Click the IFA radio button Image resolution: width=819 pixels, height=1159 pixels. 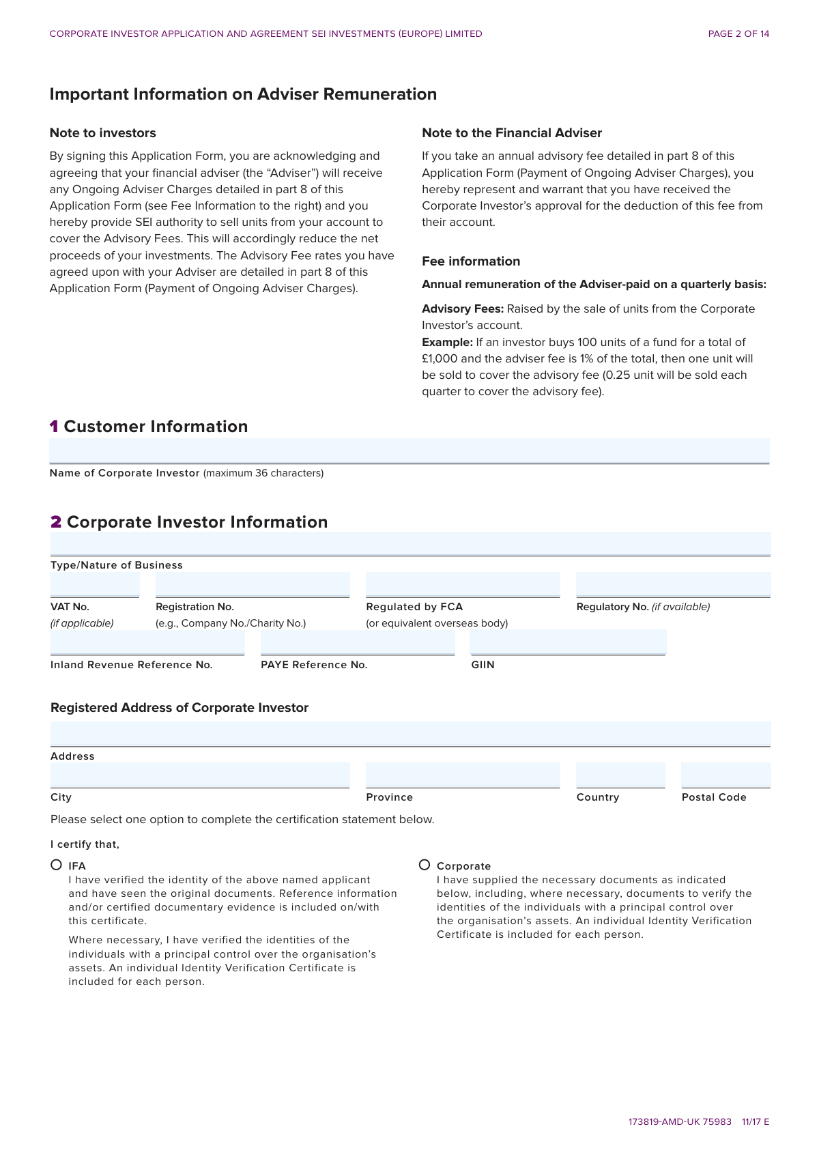tap(57, 865)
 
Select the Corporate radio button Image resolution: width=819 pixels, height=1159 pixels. tap(425, 865)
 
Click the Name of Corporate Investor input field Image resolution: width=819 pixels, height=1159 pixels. tap(409, 450)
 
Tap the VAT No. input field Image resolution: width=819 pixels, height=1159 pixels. tap(95, 585)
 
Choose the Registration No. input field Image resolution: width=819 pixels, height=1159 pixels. tap(253, 585)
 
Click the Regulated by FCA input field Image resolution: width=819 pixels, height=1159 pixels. tap(463, 585)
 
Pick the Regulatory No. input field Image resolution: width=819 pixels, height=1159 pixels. tap(673, 585)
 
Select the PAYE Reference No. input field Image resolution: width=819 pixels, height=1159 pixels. tap(358, 642)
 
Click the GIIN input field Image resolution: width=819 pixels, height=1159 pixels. tap(568, 642)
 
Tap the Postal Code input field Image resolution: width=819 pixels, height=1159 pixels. tap(725, 775)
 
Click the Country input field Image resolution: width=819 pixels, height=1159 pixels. tap(620, 775)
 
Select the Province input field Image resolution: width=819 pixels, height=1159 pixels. tap(463, 775)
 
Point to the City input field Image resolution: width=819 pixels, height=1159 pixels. tap(200, 775)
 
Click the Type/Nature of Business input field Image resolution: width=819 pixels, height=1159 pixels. tap(410, 544)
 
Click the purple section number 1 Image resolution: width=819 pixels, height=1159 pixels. tap(54, 427)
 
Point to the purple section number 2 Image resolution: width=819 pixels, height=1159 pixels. tap(56, 522)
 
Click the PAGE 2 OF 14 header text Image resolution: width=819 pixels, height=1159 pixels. tap(738, 34)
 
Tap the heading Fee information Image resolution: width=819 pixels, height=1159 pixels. tap(471, 261)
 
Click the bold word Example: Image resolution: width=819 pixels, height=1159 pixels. tap(447, 342)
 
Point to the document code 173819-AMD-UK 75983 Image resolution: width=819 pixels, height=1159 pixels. tap(680, 1121)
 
